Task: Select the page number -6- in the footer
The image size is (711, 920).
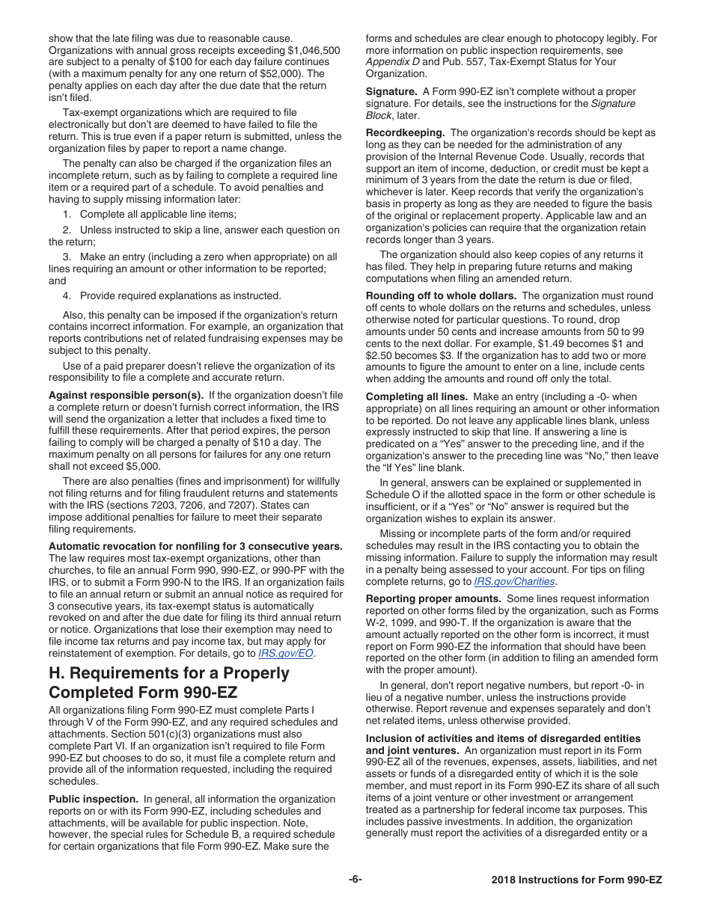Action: (x=355, y=880)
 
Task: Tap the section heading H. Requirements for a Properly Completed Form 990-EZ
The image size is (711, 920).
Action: (x=169, y=683)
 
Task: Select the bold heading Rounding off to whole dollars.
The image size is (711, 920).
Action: (x=441, y=295)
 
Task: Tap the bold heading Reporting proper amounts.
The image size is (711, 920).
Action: (x=433, y=598)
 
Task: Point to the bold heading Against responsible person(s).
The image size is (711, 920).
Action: (x=126, y=395)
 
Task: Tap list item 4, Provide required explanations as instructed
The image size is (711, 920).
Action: (x=171, y=295)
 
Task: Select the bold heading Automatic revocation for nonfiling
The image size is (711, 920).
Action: (x=195, y=546)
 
